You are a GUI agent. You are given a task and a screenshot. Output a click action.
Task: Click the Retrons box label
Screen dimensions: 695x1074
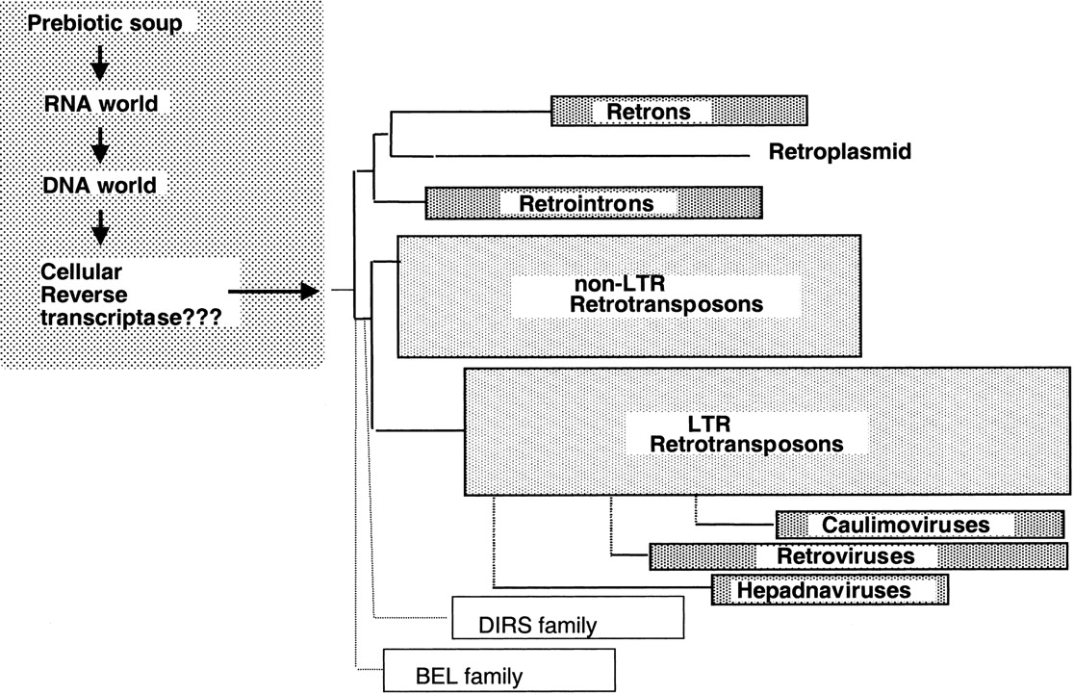coord(649,112)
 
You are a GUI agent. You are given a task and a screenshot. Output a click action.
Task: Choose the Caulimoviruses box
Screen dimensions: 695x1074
coord(919,525)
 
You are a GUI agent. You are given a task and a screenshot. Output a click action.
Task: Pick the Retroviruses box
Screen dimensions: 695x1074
coord(858,556)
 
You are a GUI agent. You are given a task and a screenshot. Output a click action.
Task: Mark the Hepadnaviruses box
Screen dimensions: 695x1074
coord(829,589)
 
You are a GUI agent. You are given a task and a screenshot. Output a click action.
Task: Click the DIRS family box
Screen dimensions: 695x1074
coord(567,618)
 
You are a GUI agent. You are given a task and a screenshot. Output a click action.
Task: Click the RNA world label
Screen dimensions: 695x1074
coord(101,103)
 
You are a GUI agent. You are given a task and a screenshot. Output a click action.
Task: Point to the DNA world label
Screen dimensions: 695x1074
coord(101,183)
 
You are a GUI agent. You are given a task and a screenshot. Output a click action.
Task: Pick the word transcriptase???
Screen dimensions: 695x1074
coord(133,315)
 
